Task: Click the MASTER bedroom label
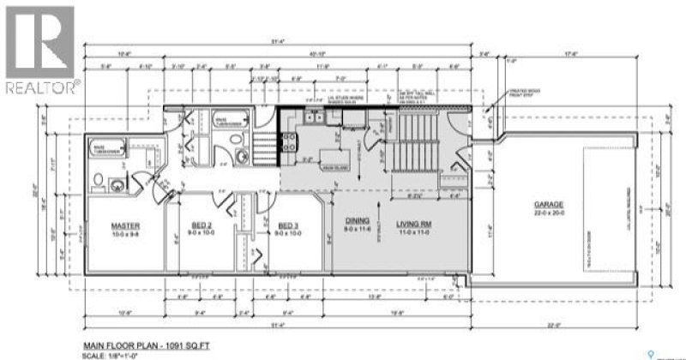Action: click(124, 226)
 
